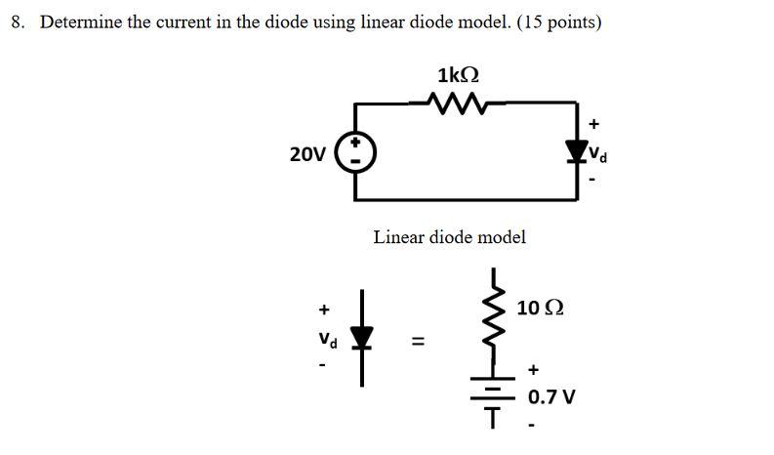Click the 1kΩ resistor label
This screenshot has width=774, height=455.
coord(459,75)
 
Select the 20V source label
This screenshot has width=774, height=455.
coord(307,154)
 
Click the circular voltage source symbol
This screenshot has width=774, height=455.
coord(354,153)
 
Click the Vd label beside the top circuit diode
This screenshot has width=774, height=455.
coord(599,153)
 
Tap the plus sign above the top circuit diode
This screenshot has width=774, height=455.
coord(594,124)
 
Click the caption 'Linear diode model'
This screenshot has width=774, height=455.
coord(449,236)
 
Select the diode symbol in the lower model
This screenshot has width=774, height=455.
coord(363,338)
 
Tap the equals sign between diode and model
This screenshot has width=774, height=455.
coord(418,341)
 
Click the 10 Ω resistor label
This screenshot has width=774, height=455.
coord(540,308)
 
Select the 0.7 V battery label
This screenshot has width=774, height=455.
coord(551,397)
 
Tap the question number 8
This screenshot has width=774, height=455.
coord(18,21)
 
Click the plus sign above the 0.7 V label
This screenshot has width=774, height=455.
coord(533,370)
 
